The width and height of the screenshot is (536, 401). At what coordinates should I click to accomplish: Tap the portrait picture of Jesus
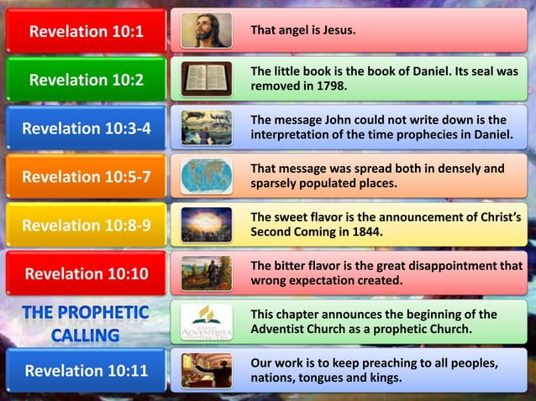pos(207,31)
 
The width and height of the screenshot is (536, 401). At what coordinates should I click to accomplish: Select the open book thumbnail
pos(207,79)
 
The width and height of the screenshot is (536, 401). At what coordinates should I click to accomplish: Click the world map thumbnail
pos(207,176)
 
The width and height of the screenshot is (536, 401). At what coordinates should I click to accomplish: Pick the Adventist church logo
pos(207,322)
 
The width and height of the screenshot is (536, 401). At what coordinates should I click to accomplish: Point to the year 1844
pos(366,232)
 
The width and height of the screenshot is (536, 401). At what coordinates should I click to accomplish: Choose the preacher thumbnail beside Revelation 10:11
pos(207,371)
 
